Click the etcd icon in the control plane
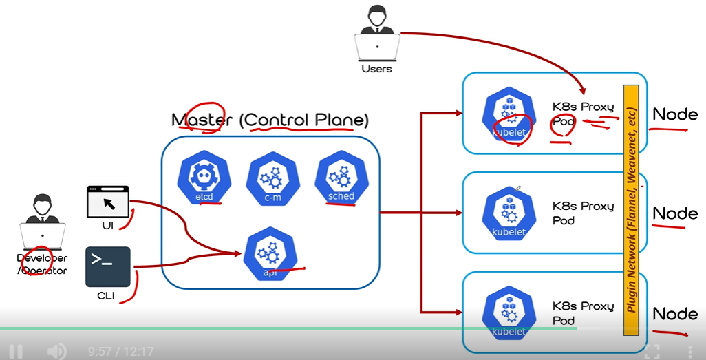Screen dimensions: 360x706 click(203, 178)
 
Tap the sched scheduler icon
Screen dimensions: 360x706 click(339, 178)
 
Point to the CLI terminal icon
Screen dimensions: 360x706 click(108, 266)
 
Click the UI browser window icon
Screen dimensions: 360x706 click(108, 201)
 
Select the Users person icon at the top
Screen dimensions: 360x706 click(376, 34)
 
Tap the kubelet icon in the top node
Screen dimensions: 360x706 click(509, 114)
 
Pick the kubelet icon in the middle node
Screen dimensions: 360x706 click(509, 213)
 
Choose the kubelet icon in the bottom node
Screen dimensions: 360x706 click(509, 313)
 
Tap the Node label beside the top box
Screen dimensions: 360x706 click(674, 114)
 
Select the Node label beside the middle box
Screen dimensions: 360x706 click(674, 213)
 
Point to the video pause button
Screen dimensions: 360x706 click(15, 352)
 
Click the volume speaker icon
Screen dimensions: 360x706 click(56, 352)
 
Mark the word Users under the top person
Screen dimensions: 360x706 click(376, 69)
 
